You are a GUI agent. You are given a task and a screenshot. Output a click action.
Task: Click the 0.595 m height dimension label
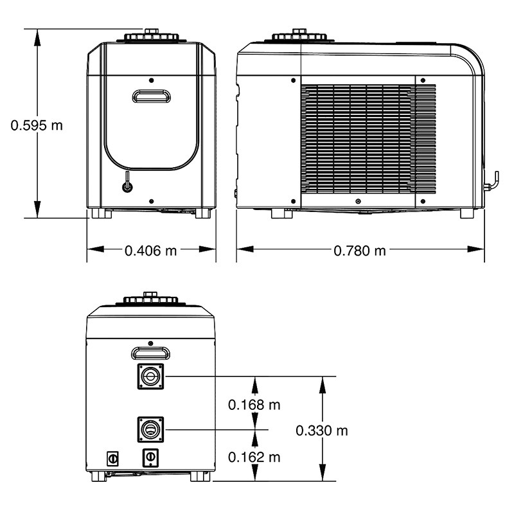click(x=37, y=125)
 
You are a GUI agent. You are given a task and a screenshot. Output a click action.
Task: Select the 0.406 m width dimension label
click(x=151, y=251)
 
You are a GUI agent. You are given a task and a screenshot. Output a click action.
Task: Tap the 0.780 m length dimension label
click(x=360, y=251)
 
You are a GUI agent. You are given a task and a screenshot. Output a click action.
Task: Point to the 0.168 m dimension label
click(x=254, y=405)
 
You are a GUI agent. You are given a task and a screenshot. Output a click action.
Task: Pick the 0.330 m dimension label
click(x=322, y=430)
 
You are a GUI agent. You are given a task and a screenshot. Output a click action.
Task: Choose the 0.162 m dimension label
click(x=254, y=457)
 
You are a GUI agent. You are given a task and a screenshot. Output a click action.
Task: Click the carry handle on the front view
click(x=151, y=96)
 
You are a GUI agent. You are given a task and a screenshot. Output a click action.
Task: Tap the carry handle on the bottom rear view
click(x=151, y=353)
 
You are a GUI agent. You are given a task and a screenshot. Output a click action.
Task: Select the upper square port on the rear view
click(x=150, y=377)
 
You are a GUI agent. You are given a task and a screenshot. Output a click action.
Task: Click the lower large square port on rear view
click(x=150, y=429)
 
